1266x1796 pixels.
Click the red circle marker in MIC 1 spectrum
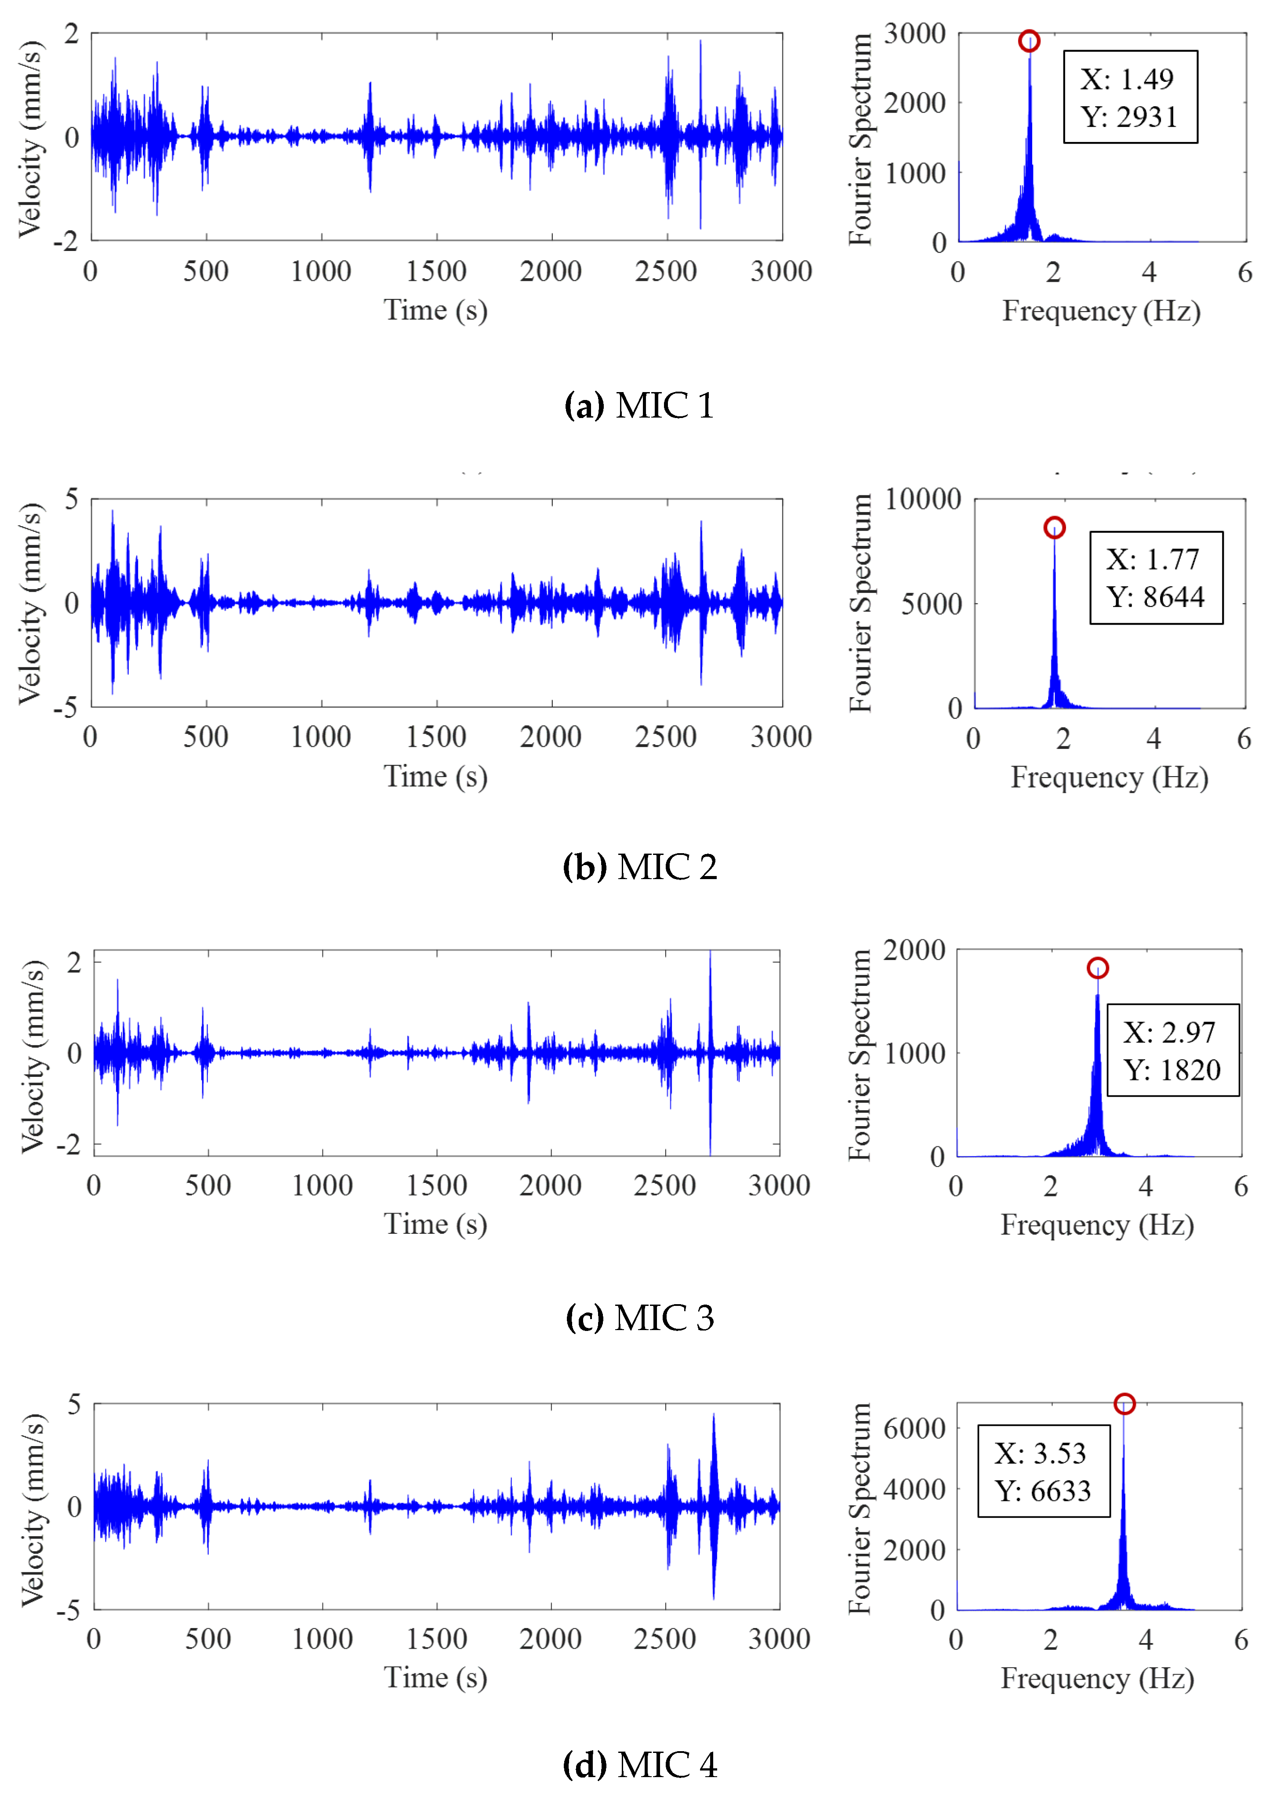[x=1029, y=41]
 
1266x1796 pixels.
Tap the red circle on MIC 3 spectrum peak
[x=1097, y=968]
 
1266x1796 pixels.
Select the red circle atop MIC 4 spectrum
[x=1124, y=1403]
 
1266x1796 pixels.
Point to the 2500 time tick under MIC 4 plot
[x=665, y=1639]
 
